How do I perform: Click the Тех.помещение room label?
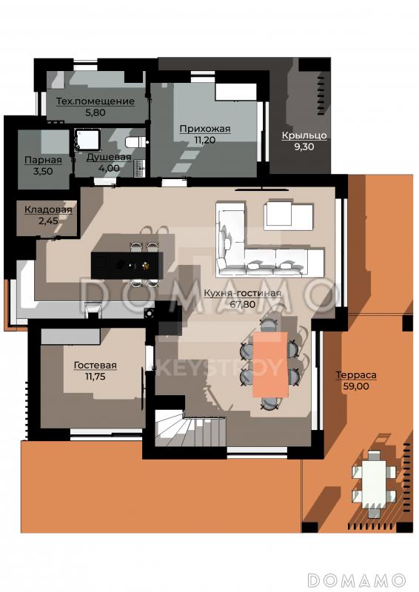[x=95, y=101]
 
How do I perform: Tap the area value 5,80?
[x=95, y=112]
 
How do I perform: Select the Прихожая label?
[x=205, y=129]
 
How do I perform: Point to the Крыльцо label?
[x=304, y=135]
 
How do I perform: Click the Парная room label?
[x=43, y=160]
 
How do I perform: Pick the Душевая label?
[x=109, y=158]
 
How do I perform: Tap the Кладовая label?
[x=48, y=210]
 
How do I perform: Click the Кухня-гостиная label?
[x=242, y=293]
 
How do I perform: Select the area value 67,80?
[x=242, y=304]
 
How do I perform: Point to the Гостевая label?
[x=95, y=366]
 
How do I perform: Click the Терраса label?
[x=356, y=375]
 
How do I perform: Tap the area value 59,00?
[x=356, y=386]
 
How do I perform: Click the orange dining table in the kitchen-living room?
[x=270, y=364]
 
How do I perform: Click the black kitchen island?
[x=127, y=266]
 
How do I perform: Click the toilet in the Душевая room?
[x=136, y=142]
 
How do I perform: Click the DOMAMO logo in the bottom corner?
[x=357, y=580]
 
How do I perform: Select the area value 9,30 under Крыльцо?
[x=304, y=147]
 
